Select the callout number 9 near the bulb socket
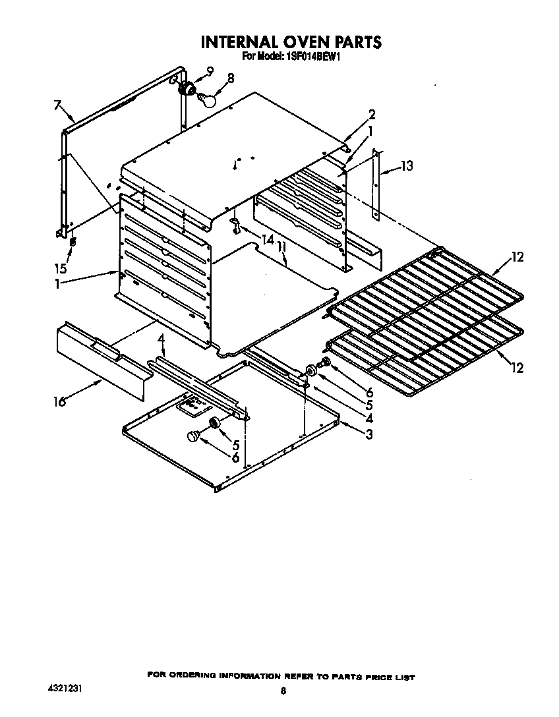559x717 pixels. (210, 71)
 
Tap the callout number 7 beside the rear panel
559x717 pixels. (57, 105)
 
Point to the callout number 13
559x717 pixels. (407, 166)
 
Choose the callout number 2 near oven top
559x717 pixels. (372, 113)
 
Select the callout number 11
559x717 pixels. (282, 247)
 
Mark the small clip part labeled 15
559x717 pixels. (73, 242)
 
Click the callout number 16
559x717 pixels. (60, 401)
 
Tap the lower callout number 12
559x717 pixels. (517, 367)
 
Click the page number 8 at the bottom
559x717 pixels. (283, 691)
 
